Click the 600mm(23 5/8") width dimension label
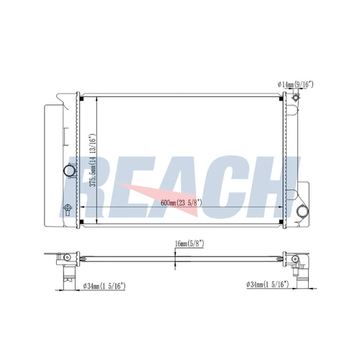(181, 203)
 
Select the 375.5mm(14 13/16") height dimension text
(93, 160)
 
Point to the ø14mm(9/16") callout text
(295, 84)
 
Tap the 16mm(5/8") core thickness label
(189, 244)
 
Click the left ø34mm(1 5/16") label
(104, 286)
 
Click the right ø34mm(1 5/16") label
(267, 284)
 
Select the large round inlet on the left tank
(69, 171)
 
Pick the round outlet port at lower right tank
(302, 212)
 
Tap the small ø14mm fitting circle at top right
(295, 98)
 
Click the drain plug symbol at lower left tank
(68, 210)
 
